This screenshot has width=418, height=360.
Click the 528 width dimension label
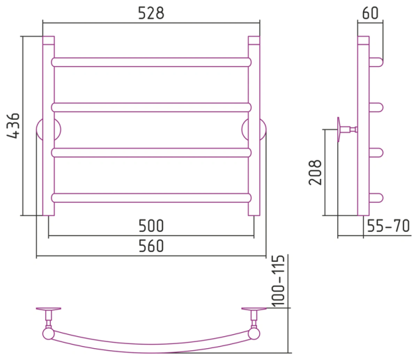(x=151, y=13)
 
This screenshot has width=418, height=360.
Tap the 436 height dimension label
(x=13, y=126)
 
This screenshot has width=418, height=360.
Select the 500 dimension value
(x=151, y=226)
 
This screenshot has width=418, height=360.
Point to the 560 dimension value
(x=151, y=246)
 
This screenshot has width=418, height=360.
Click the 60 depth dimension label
(x=370, y=13)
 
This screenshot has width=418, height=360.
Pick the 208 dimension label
(x=315, y=173)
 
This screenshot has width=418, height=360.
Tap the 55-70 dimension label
(x=388, y=226)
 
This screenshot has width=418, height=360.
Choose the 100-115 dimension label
(x=279, y=281)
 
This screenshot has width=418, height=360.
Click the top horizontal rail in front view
(x=151, y=62)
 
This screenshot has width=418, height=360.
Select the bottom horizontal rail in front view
(x=151, y=198)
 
